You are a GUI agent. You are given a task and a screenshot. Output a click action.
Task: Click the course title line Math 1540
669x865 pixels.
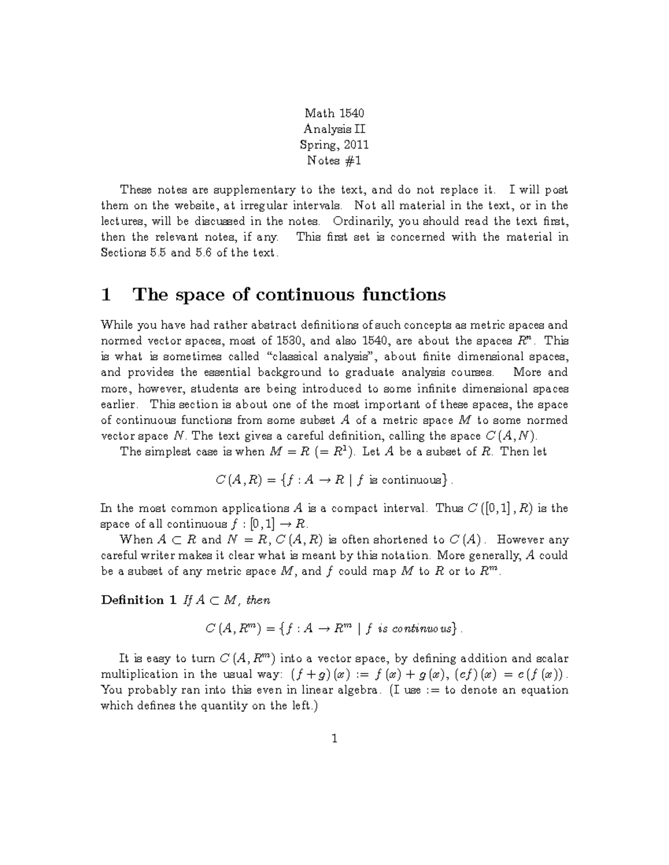tap(334, 114)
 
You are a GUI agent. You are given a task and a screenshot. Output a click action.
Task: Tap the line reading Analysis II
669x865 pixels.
tap(334, 129)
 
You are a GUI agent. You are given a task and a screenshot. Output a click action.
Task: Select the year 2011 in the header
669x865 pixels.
tap(356, 145)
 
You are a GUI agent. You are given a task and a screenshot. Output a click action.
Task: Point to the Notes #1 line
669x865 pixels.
tap(334, 161)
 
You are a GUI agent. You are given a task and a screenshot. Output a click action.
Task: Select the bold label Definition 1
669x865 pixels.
tap(139, 600)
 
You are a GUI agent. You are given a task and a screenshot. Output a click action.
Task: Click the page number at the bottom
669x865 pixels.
tap(334, 739)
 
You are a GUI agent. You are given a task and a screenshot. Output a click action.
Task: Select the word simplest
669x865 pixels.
tap(166, 452)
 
